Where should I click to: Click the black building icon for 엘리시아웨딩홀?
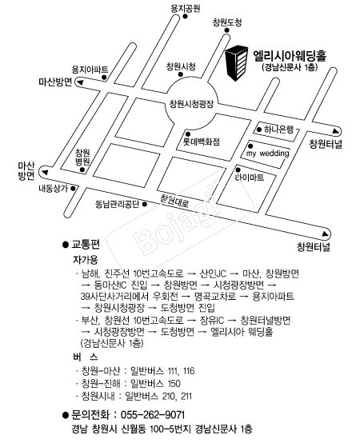[237, 62]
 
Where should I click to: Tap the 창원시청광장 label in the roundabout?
[191, 104]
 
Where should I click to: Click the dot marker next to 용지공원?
[185, 16]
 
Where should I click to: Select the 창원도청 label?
[227, 22]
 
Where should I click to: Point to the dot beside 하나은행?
[259, 130]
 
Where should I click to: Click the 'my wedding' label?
[267, 154]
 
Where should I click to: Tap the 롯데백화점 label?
[202, 142]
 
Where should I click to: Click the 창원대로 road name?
[174, 201]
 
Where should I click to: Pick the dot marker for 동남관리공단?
[145, 204]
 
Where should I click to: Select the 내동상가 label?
[54, 189]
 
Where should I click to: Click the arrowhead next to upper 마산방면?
[80, 82]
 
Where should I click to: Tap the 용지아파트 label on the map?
[90, 70]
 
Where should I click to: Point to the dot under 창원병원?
[82, 170]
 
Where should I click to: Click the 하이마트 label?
[250, 178]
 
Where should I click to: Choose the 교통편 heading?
[86, 245]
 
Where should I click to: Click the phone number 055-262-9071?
[153, 415]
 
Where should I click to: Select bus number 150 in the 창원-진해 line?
[174, 383]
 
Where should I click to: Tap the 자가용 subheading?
[86, 260]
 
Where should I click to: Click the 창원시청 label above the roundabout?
[181, 66]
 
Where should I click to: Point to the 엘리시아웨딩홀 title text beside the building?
[290, 56]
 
